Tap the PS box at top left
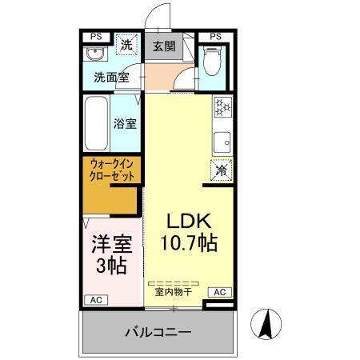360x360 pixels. (x=96, y=36)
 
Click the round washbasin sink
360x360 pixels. (x=94, y=56)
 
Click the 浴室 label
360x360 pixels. (x=126, y=124)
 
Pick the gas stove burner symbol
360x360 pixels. (x=222, y=106)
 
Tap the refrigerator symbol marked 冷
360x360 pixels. (x=221, y=170)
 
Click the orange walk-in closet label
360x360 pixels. (x=114, y=170)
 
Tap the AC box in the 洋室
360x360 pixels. (x=96, y=299)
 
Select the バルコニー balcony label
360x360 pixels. (x=157, y=331)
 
